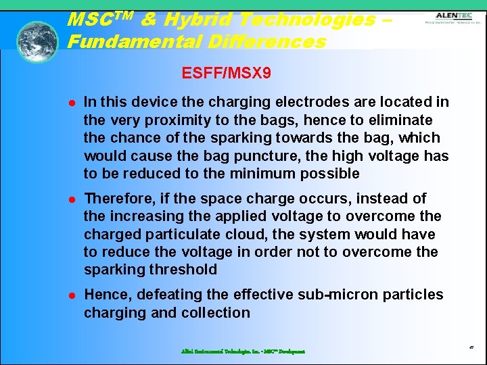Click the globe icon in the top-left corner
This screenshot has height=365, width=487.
point(37,42)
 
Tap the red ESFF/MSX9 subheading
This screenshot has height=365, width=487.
point(227,72)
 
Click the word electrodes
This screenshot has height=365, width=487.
point(275,102)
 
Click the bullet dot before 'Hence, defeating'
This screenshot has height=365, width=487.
point(69,295)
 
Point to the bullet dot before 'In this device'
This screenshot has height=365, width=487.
point(69,103)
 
